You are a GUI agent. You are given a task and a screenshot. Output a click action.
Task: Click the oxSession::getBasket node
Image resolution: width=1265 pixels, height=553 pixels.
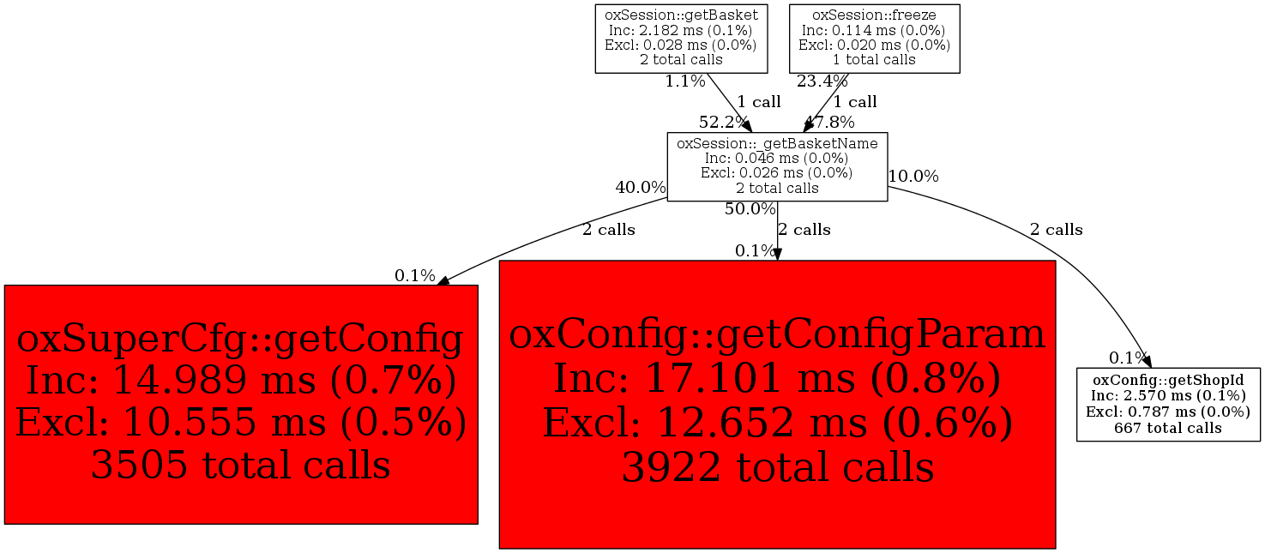(681, 39)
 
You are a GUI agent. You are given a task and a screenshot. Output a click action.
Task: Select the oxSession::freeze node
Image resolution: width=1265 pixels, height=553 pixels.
(874, 39)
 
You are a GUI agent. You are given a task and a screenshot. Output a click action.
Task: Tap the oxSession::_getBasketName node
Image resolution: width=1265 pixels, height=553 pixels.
(777, 166)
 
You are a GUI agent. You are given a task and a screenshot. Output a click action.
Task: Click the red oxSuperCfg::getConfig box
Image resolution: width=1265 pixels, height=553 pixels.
(241, 405)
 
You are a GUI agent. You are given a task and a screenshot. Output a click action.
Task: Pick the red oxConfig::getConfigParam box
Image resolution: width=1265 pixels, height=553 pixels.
(777, 405)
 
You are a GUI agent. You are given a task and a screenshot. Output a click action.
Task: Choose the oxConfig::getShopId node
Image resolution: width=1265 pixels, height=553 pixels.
(1168, 405)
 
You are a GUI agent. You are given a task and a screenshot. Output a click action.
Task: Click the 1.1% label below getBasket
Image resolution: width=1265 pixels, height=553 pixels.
(685, 81)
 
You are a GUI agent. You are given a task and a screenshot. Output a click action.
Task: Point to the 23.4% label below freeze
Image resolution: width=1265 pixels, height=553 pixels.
(822, 81)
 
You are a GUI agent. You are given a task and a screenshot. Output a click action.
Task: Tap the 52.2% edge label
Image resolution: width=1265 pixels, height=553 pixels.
(724, 122)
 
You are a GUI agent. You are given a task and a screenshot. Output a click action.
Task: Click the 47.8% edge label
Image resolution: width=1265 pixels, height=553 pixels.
(829, 122)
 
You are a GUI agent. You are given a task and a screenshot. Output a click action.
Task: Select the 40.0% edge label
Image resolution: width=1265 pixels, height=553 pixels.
(641, 187)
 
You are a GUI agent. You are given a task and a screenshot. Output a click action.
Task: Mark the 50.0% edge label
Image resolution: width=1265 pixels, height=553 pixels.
(750, 209)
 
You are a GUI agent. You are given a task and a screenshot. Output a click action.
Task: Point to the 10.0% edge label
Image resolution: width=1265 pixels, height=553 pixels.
(913, 177)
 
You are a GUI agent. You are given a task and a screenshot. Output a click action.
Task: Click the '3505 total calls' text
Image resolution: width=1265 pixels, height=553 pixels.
(241, 465)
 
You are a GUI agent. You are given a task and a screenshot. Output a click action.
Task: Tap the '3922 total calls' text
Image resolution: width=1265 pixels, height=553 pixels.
(778, 467)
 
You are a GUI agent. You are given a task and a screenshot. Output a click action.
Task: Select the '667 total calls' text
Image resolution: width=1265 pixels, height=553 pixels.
(1168, 428)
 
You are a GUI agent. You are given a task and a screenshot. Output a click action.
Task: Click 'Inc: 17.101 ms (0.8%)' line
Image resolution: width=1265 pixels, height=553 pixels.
(777, 378)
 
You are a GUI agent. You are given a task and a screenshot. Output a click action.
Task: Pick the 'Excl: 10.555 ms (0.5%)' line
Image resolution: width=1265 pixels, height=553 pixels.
(241, 422)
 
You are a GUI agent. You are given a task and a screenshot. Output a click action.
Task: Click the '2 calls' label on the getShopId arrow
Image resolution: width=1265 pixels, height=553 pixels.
(1056, 230)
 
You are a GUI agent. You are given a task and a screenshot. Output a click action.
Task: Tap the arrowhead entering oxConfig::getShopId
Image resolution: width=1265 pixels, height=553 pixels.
(1147, 361)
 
